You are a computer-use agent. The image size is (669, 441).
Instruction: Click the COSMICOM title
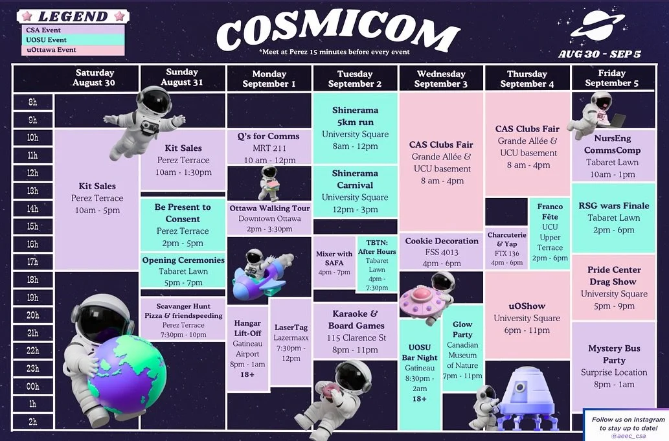coord(338,30)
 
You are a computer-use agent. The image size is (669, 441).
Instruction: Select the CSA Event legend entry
coord(71,30)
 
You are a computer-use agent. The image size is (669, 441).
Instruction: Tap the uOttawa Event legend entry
coord(71,50)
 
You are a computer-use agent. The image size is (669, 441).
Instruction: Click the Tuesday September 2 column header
coord(355,79)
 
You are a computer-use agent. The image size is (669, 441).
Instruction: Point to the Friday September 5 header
coord(612,78)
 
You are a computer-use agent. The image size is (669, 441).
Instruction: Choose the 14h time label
coord(32,209)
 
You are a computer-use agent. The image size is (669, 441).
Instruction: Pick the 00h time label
coord(32,387)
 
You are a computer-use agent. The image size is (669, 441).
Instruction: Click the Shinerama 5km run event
coord(355,128)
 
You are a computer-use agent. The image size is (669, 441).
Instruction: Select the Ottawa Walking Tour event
coord(269,214)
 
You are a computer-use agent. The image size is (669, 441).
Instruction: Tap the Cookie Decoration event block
coord(442,252)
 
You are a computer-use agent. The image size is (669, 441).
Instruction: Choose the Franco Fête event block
coord(550,232)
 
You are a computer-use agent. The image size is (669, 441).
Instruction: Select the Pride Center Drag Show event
coord(613,287)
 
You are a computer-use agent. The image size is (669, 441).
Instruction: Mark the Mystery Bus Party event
coord(613,366)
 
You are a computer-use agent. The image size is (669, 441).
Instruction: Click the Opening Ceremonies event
coord(183,271)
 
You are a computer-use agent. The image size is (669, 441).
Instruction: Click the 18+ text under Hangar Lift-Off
coord(248,374)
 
